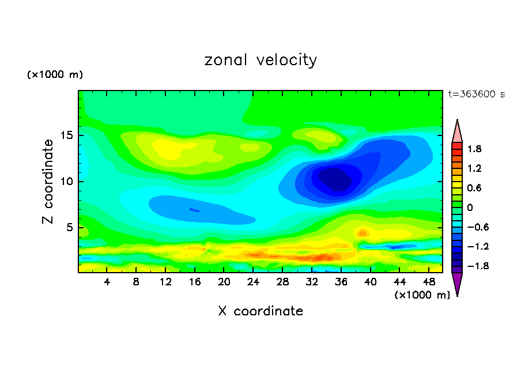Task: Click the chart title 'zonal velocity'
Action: pos(260,60)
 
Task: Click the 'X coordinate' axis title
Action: pos(260,311)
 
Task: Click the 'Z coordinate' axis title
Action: pos(48,182)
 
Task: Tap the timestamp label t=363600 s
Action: pos(476,95)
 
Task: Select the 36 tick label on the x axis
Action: pos(341,282)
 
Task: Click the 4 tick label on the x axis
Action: pos(107,282)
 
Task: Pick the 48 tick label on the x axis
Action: pos(429,282)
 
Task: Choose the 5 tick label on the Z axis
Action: pos(70,228)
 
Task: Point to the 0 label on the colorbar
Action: pos(470,208)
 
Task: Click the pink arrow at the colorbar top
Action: pos(457,131)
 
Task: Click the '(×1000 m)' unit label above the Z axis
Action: pos(55,75)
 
